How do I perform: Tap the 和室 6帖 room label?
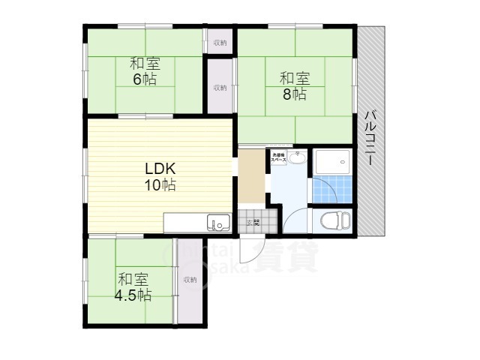pos(145,70)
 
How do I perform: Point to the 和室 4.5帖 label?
pos(133,286)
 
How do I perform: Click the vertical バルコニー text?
pos(370,139)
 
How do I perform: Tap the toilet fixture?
pos(333,220)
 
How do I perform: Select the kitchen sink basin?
pos(219,223)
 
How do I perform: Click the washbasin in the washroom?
pos(298,157)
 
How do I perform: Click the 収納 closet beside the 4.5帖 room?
pos(188,280)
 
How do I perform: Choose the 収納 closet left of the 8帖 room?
pos(220,88)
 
